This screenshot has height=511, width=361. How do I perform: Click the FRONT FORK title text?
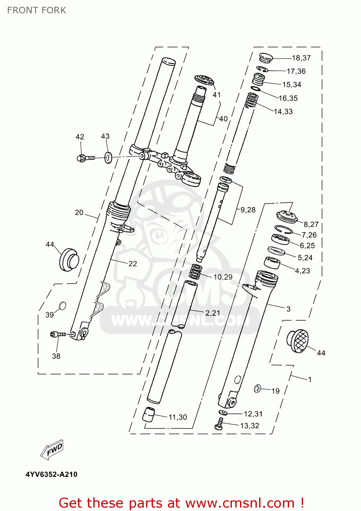point(36,10)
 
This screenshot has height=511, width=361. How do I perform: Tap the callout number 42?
point(80,137)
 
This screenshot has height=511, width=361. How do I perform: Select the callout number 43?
point(105,136)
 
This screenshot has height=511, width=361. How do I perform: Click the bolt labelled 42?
point(85,158)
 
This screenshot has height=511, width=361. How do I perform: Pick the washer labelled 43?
point(108,158)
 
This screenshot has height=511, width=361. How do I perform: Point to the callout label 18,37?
point(301,58)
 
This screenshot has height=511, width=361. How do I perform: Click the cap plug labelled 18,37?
point(266,58)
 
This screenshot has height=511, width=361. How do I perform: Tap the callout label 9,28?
point(248,210)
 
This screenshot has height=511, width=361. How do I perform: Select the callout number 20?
point(79,213)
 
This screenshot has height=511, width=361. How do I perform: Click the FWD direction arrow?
point(52,449)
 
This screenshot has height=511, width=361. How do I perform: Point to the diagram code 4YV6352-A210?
point(51,474)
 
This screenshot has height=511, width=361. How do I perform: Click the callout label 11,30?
point(178,417)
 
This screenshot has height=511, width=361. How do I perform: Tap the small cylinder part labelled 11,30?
point(148,414)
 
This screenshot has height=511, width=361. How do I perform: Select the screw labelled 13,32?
point(219,424)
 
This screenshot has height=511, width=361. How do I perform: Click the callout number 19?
point(276,391)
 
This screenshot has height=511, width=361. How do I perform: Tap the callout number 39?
point(50,315)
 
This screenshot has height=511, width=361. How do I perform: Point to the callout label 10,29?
point(223,277)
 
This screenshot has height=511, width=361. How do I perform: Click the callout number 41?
point(217,95)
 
